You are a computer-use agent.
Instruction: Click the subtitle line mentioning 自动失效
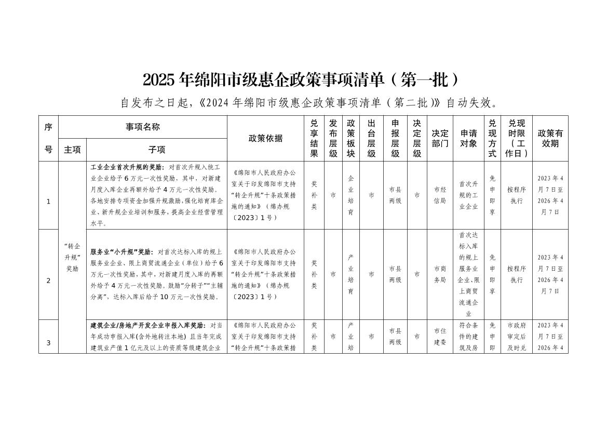310,102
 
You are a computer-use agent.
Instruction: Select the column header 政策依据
265,138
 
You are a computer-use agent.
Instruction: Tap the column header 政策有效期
550,138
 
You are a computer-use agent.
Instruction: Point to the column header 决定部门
440,138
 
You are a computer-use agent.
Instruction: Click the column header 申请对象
468,138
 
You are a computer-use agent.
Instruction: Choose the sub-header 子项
156,150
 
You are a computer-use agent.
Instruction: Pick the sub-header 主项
72,150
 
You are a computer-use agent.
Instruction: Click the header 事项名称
142,127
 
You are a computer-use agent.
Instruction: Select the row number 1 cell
48,202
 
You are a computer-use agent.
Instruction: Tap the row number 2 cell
48,280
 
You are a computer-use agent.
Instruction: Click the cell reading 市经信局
440,195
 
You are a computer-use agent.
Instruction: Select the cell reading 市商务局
440,274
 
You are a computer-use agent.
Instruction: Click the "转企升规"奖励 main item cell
72,257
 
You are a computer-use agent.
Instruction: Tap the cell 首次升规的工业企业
468,195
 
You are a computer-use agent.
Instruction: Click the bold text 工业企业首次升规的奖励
127,168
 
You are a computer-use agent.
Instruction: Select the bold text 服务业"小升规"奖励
122,252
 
